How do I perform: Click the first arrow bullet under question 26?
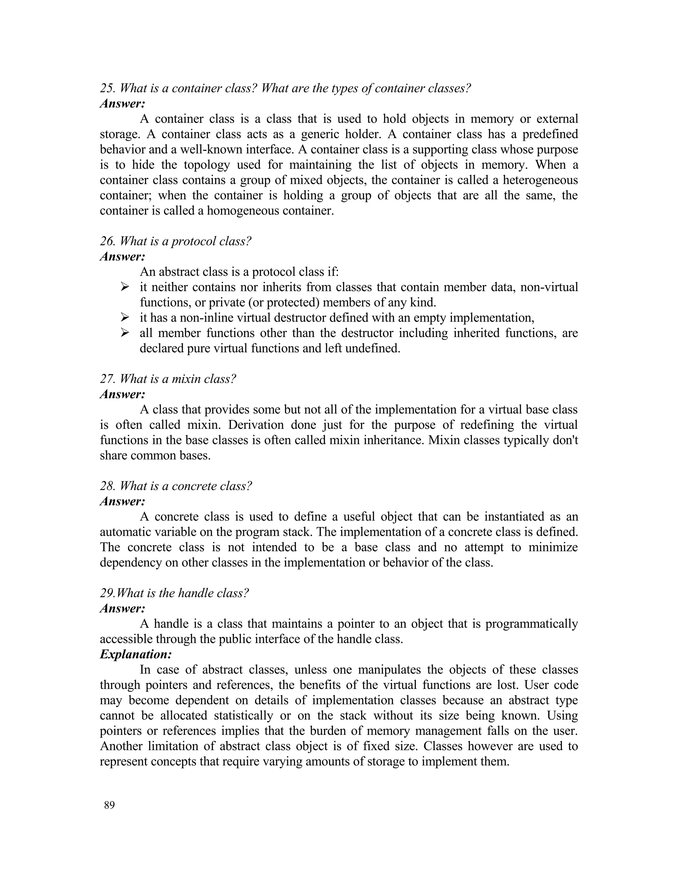[x=124, y=287]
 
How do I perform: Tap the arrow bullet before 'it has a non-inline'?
[x=124, y=318]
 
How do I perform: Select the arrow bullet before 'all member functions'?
[x=124, y=333]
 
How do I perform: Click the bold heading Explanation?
[x=136, y=654]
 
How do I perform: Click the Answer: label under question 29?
[x=122, y=609]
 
